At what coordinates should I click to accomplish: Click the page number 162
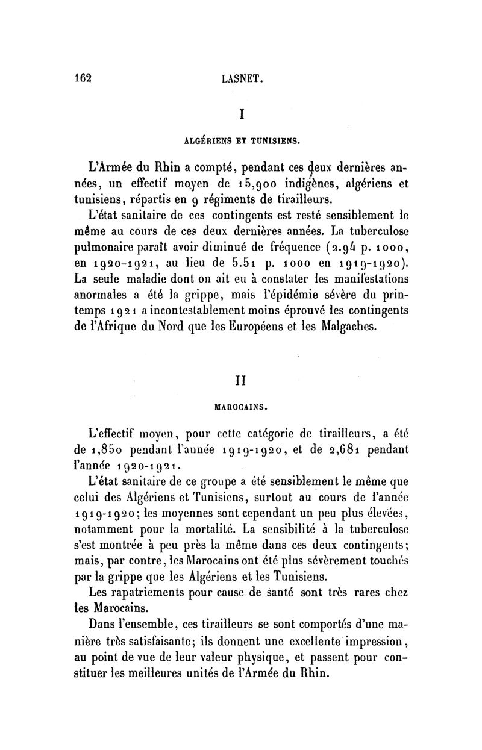(x=81, y=78)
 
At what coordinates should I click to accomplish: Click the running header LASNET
(x=242, y=78)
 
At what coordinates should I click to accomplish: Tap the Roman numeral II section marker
(x=241, y=381)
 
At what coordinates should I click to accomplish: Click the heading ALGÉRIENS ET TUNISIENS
(x=241, y=142)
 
